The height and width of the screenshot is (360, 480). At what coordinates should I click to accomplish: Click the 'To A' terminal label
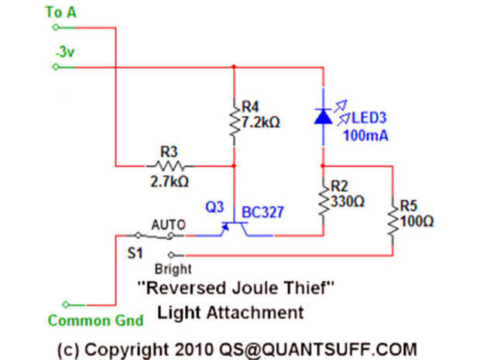62,12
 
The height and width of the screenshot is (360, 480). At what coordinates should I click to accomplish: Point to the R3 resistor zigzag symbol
170,165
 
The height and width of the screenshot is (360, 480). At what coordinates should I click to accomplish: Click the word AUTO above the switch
169,225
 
